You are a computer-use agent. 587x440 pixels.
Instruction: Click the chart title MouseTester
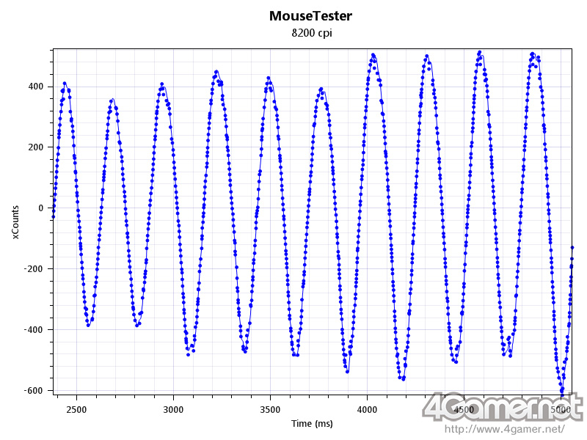click(310, 15)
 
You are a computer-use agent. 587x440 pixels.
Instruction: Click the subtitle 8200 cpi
click(311, 33)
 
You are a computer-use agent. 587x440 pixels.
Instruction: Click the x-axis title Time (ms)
click(312, 424)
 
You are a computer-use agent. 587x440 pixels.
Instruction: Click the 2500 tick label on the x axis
click(77, 409)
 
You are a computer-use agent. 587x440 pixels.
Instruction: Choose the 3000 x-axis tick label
click(174, 409)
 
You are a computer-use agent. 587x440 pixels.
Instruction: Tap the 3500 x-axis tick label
click(271, 409)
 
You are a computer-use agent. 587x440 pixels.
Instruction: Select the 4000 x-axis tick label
click(368, 409)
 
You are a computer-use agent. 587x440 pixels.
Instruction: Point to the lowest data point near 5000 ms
click(561, 391)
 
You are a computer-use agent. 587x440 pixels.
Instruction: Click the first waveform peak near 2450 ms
click(65, 84)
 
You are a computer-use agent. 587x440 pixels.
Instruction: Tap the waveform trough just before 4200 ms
click(402, 378)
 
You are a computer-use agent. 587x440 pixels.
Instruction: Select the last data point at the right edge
click(572, 248)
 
